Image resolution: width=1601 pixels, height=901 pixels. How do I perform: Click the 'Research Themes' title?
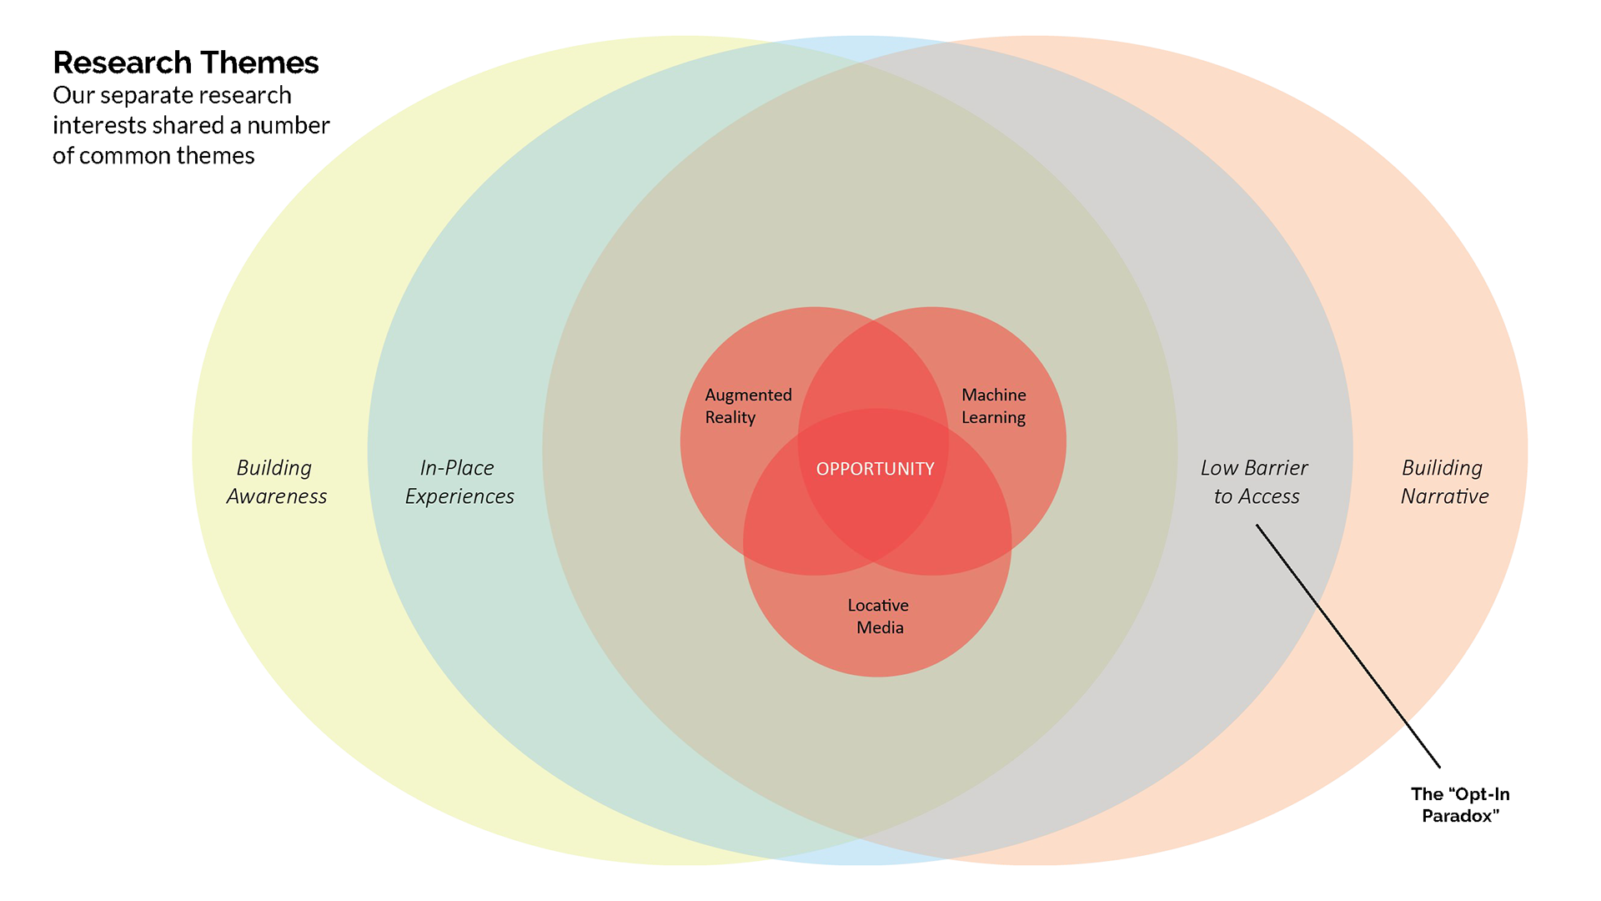186,63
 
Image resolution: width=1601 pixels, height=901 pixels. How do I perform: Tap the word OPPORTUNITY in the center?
875,469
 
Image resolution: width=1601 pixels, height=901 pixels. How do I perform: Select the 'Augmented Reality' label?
748,406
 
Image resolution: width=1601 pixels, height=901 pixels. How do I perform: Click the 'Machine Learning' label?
993,406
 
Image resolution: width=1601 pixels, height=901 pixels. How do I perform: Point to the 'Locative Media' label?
878,617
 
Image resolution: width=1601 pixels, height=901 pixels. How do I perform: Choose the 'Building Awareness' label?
276,482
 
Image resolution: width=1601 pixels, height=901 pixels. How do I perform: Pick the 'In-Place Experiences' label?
459,482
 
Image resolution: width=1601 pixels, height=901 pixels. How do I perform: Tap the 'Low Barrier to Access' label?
1255,482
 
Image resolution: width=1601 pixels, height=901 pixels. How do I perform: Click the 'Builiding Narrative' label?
1443,482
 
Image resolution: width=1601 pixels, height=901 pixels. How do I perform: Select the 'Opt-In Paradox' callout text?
1460,805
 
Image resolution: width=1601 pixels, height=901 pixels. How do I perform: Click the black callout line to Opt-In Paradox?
1348,646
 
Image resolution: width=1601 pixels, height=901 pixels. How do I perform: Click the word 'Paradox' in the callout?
1460,816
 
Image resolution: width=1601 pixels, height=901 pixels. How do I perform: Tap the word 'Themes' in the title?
259,63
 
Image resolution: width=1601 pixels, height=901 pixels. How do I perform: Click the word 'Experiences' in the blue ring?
459,496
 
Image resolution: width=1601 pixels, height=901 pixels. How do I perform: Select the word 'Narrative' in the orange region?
1444,496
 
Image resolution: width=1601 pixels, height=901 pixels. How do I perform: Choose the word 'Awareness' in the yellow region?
276,496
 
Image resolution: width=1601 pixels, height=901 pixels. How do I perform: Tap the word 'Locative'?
878,606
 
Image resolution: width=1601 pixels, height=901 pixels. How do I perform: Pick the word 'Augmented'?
748,395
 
